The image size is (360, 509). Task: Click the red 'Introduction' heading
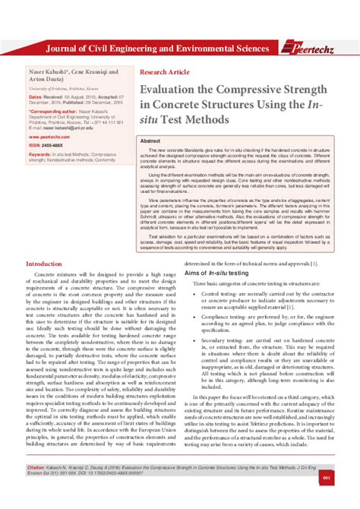[x=49, y=264]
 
